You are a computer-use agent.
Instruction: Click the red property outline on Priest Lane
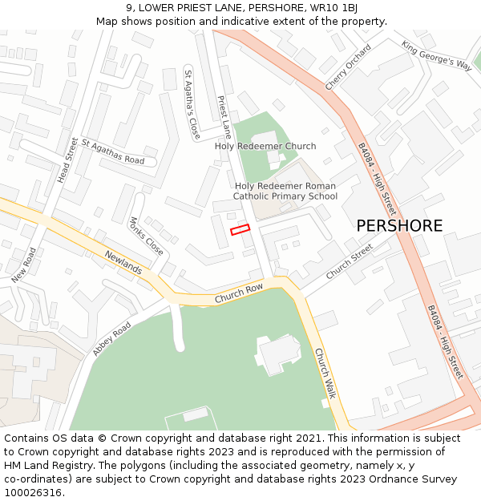(x=240, y=230)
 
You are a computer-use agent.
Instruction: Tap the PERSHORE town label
(x=399, y=226)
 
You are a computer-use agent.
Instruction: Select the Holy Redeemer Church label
(x=265, y=146)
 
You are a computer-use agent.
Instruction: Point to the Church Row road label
(x=238, y=295)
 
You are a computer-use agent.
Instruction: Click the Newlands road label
(x=123, y=262)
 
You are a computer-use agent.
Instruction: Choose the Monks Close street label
(x=146, y=236)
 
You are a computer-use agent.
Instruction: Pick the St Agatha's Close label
(x=192, y=105)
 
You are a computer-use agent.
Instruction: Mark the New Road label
(x=24, y=265)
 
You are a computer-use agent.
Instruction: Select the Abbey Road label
(x=111, y=339)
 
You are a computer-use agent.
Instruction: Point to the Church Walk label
(x=325, y=374)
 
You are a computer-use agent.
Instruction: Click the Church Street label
(x=350, y=261)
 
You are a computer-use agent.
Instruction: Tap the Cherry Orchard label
(x=348, y=67)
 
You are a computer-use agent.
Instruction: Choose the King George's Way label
(x=437, y=55)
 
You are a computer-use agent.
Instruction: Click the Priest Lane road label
(x=224, y=118)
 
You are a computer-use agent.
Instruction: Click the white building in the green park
(x=278, y=354)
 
